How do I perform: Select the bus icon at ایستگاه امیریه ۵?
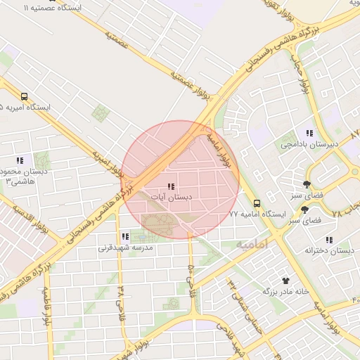25,96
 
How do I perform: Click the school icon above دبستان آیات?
170,186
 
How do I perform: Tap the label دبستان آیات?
172,198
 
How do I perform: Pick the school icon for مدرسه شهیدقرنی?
125,237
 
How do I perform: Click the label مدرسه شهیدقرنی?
125,248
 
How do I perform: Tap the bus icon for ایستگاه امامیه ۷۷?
256,202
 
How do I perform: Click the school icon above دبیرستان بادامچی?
309,134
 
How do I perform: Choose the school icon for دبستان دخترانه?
329,240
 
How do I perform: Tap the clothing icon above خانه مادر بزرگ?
285,279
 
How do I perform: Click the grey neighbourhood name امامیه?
252,245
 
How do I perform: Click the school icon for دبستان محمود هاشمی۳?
20,160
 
